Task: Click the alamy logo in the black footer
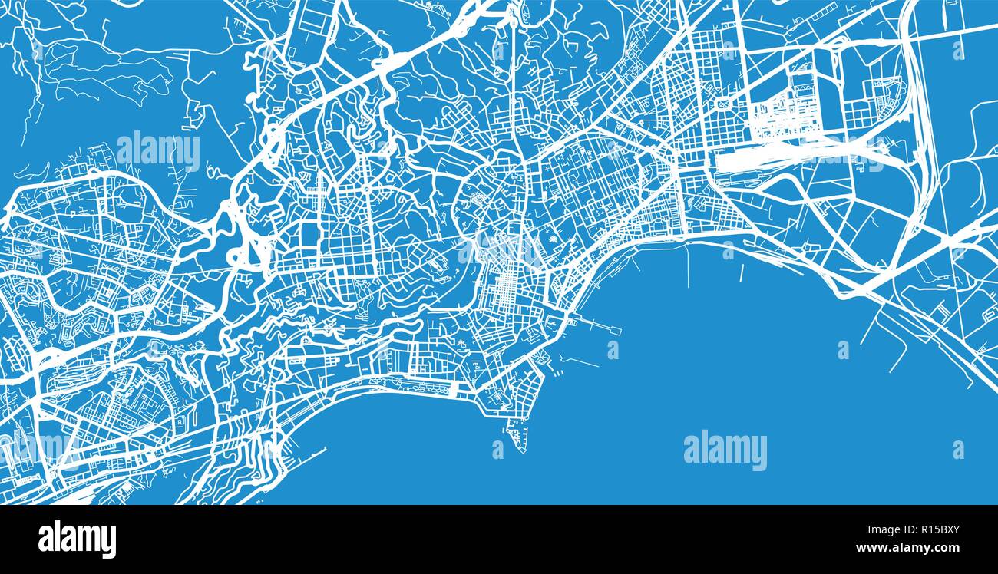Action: [77, 539]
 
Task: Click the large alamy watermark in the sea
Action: [725, 450]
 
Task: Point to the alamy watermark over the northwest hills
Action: [158, 151]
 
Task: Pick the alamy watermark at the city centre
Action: [499, 249]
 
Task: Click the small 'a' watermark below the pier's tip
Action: [613, 350]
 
